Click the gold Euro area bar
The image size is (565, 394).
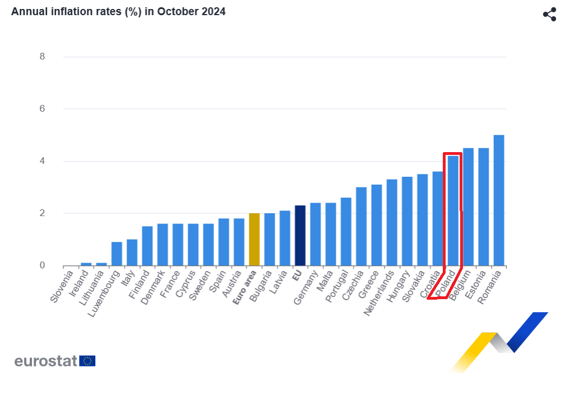tap(254, 240)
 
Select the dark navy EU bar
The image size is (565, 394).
tap(300, 236)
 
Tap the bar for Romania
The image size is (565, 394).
tap(499, 200)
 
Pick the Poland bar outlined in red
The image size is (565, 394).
tap(453, 210)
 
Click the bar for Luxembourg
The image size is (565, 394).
tap(117, 254)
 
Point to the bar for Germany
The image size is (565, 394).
tap(316, 234)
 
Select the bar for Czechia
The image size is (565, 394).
tap(362, 226)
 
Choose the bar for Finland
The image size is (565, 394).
tap(147, 246)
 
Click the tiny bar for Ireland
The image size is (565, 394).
tap(86, 264)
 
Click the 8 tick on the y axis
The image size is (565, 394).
tap(42, 57)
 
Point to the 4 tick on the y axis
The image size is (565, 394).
tap(42, 161)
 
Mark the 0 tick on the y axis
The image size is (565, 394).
tap(42, 265)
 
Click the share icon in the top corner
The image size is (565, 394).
tap(549, 15)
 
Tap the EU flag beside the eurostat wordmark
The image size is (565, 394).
tap(87, 361)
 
